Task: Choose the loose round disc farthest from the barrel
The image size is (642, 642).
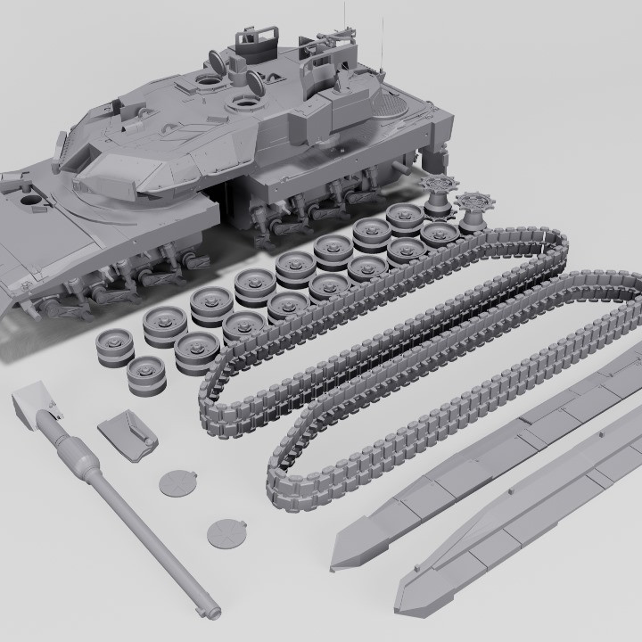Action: tap(226, 533)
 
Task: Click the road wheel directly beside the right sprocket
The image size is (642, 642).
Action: tap(439, 234)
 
